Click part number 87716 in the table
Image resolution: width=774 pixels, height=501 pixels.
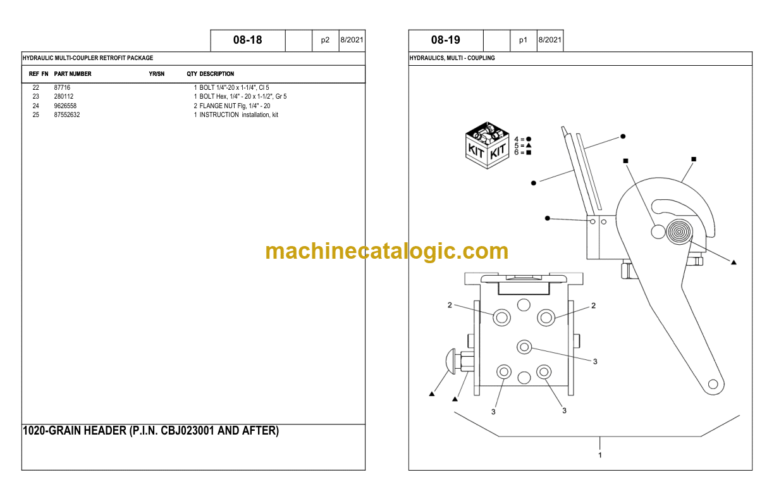(x=62, y=87)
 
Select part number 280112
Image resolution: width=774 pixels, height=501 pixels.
(x=64, y=96)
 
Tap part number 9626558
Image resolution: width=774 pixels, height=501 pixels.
(x=65, y=106)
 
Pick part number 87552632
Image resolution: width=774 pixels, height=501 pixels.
(x=66, y=114)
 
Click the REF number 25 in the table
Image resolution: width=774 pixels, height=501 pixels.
(x=35, y=114)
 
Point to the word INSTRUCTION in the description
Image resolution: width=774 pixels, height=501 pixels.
(x=219, y=114)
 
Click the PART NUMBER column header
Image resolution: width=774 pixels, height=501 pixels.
(x=73, y=74)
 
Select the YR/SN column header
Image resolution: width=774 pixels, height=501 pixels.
(x=157, y=74)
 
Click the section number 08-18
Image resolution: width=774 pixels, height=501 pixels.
(x=247, y=40)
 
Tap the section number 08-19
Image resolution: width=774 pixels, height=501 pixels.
(x=445, y=40)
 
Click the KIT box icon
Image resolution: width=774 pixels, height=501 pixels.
(x=487, y=145)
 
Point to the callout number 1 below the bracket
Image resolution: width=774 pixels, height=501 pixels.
(x=600, y=455)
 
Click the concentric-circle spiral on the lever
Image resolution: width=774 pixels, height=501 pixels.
(x=679, y=232)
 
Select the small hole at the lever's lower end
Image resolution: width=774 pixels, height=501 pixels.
(x=713, y=384)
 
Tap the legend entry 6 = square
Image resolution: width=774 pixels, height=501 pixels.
(x=523, y=152)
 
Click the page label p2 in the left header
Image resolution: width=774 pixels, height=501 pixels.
(x=325, y=40)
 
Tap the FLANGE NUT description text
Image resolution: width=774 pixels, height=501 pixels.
(x=218, y=106)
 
